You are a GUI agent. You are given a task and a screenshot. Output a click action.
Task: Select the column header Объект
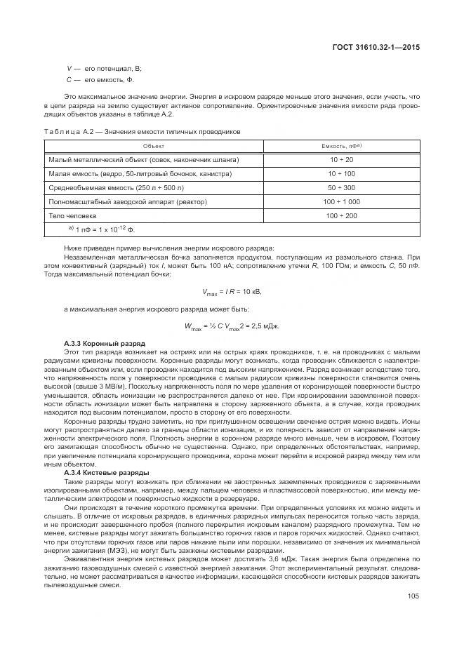click(x=154, y=146)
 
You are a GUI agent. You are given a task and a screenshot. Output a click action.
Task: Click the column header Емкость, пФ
click(x=342, y=146)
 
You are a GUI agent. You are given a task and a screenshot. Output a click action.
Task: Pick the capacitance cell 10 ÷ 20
click(x=341, y=159)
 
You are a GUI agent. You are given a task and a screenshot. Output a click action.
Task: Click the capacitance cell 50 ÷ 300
click(x=341, y=187)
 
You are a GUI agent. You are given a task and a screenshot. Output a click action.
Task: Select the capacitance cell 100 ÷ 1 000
click(x=341, y=201)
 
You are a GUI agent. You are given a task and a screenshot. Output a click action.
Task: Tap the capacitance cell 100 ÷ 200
click(x=341, y=215)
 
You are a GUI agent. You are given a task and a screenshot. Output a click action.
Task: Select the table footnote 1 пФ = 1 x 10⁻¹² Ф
click(x=101, y=229)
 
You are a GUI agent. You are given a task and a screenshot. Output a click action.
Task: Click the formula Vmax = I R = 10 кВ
click(x=232, y=291)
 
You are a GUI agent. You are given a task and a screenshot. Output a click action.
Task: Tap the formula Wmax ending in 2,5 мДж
click(x=232, y=326)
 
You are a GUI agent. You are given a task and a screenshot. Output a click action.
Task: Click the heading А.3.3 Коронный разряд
click(x=95, y=342)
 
